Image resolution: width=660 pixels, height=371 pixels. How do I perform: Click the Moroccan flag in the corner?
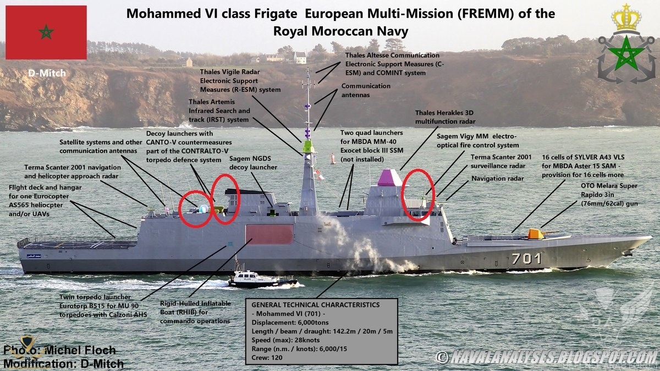tap(46, 32)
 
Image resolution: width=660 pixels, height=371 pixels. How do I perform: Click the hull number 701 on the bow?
tap(526, 258)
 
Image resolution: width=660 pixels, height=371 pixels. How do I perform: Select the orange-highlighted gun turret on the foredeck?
tap(535, 234)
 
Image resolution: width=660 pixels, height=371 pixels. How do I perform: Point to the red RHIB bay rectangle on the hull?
tap(269, 234)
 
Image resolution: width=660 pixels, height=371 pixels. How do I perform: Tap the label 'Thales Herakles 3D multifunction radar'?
tap(445, 117)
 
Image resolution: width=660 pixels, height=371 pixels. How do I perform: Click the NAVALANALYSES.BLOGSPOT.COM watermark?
tap(547, 357)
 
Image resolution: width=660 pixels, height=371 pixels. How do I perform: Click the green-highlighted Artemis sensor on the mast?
tap(308, 146)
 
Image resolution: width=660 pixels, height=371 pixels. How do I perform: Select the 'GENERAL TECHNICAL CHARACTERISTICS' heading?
tap(315, 304)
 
